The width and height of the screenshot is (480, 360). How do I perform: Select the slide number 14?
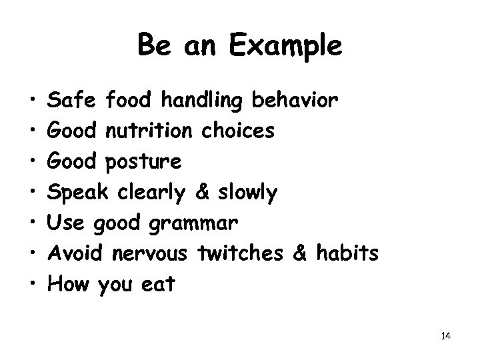point(446,335)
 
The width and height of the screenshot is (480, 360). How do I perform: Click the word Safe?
point(75,100)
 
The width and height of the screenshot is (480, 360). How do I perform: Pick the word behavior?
point(297,100)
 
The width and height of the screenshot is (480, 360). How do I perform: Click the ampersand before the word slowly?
point(202,193)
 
